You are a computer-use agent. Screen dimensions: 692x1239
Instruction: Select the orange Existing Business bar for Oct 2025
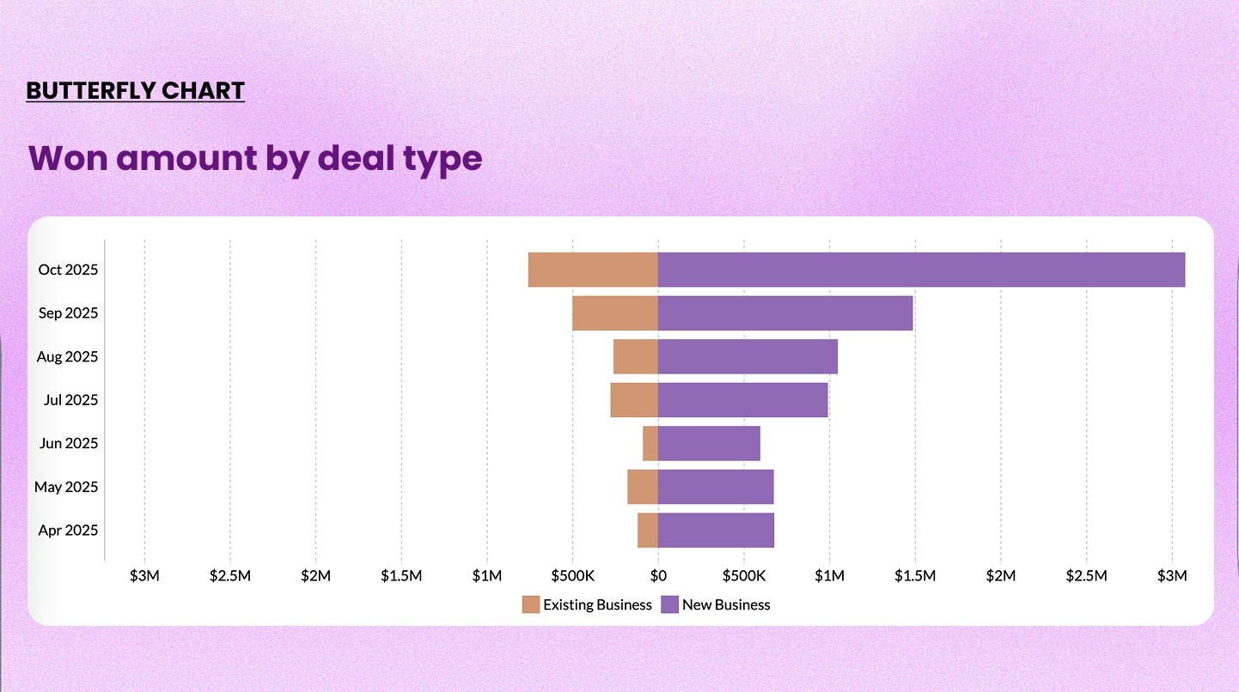[x=593, y=270]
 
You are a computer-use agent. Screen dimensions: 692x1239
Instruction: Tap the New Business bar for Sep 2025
[x=785, y=313]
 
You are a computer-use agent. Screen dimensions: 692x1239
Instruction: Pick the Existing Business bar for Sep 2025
[x=615, y=313]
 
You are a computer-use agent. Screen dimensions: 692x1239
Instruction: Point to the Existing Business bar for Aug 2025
[x=636, y=356]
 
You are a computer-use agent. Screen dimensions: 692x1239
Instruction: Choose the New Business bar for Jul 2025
[x=742, y=400]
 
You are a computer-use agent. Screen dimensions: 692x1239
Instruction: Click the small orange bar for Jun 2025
[x=650, y=443]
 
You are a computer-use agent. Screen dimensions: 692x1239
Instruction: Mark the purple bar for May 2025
[x=716, y=487]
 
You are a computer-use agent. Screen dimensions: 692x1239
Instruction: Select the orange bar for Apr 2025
[x=648, y=530]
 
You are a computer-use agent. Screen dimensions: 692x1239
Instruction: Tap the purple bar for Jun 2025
[x=709, y=443]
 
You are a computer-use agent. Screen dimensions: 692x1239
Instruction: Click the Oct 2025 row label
[x=68, y=270]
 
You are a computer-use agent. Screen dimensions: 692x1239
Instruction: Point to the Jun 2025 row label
[x=69, y=443]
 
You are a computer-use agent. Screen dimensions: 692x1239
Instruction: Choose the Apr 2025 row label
[x=68, y=530]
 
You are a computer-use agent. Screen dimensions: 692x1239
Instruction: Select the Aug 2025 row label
[x=67, y=356]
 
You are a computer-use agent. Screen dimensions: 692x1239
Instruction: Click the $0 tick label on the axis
[x=658, y=575]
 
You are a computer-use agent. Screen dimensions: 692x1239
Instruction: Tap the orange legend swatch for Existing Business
[x=531, y=604]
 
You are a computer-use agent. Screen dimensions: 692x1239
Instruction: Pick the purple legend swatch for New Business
[x=669, y=604]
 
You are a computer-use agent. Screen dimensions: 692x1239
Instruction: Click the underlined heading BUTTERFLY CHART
[x=136, y=91]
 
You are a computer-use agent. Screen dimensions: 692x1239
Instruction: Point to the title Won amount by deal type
[x=255, y=158]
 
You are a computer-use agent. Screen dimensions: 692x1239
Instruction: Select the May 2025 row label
[x=66, y=487]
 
